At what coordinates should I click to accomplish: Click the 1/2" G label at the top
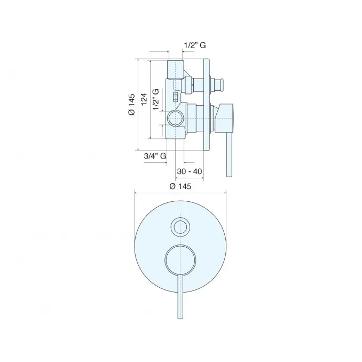195,45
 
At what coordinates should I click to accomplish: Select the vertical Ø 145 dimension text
131,104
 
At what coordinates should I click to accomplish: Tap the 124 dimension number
144,99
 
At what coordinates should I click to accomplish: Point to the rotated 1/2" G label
156,99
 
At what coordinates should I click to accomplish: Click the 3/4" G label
155,156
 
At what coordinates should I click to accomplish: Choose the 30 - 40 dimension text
190,171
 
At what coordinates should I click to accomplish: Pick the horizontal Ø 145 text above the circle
180,186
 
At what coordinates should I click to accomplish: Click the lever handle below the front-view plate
180,297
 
